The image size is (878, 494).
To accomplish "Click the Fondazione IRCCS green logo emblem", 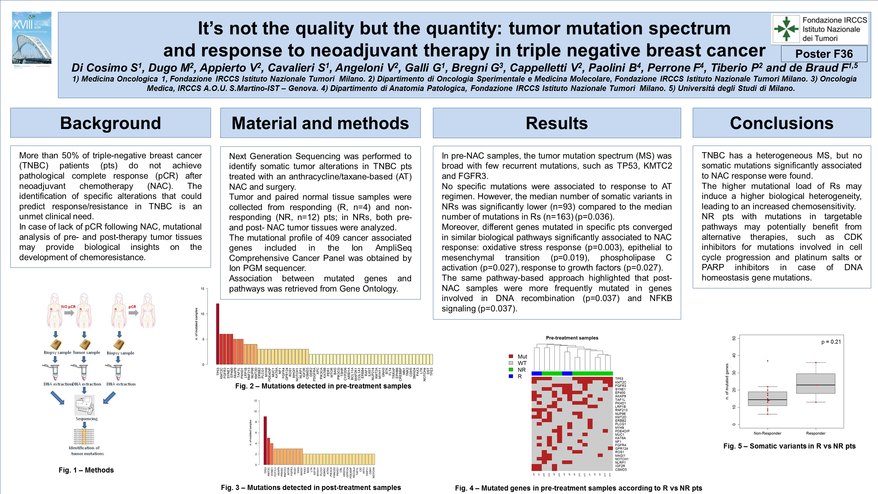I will point(786,29).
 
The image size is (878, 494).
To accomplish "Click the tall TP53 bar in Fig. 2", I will point(218,334).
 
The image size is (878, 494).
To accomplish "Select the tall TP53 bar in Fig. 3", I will point(265,440).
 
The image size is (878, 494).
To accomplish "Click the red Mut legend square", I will point(510,356).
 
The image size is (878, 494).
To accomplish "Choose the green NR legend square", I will point(510,370).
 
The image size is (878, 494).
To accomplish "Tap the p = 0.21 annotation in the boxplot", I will point(831,342).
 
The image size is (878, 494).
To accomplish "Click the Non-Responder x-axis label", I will point(767,433).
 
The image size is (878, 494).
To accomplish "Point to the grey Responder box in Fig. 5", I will point(816,384).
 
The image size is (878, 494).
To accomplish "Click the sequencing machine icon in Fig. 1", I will point(84,405).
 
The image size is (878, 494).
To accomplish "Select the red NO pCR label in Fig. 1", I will point(68,307).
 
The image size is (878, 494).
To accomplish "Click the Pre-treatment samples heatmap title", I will point(572,338).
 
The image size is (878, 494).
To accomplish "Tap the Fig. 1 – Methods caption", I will point(86,470).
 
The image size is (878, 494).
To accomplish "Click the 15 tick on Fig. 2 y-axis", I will point(202,289).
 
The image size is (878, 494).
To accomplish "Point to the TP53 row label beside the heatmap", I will point(619,379).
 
